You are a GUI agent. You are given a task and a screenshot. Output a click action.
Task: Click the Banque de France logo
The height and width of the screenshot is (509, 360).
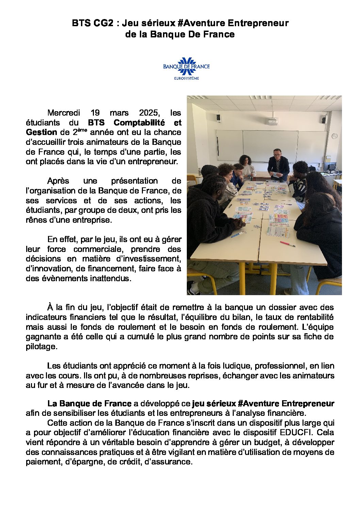[186, 66]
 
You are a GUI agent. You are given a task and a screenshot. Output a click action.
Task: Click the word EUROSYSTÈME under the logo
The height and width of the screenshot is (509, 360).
[186, 79]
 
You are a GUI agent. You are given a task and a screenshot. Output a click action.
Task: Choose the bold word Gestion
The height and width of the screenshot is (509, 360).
[41, 132]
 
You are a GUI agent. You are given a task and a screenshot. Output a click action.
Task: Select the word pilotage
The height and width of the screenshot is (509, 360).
[41, 346]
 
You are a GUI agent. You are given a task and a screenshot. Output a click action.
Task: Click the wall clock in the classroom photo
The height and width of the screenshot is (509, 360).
[334, 136]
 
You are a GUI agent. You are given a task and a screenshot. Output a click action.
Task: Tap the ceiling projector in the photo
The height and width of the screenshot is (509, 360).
[272, 121]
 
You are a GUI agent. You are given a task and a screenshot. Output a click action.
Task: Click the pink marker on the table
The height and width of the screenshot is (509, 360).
[288, 244]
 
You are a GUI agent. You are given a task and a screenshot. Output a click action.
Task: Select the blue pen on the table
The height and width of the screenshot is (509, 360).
[238, 234]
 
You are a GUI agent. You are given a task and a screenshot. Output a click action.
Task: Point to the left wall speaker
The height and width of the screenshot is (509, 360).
[218, 118]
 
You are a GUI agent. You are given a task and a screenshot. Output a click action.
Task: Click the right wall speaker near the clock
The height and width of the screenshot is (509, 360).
[324, 119]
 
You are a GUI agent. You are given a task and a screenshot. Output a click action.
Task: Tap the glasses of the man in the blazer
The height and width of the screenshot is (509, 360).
[277, 153]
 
